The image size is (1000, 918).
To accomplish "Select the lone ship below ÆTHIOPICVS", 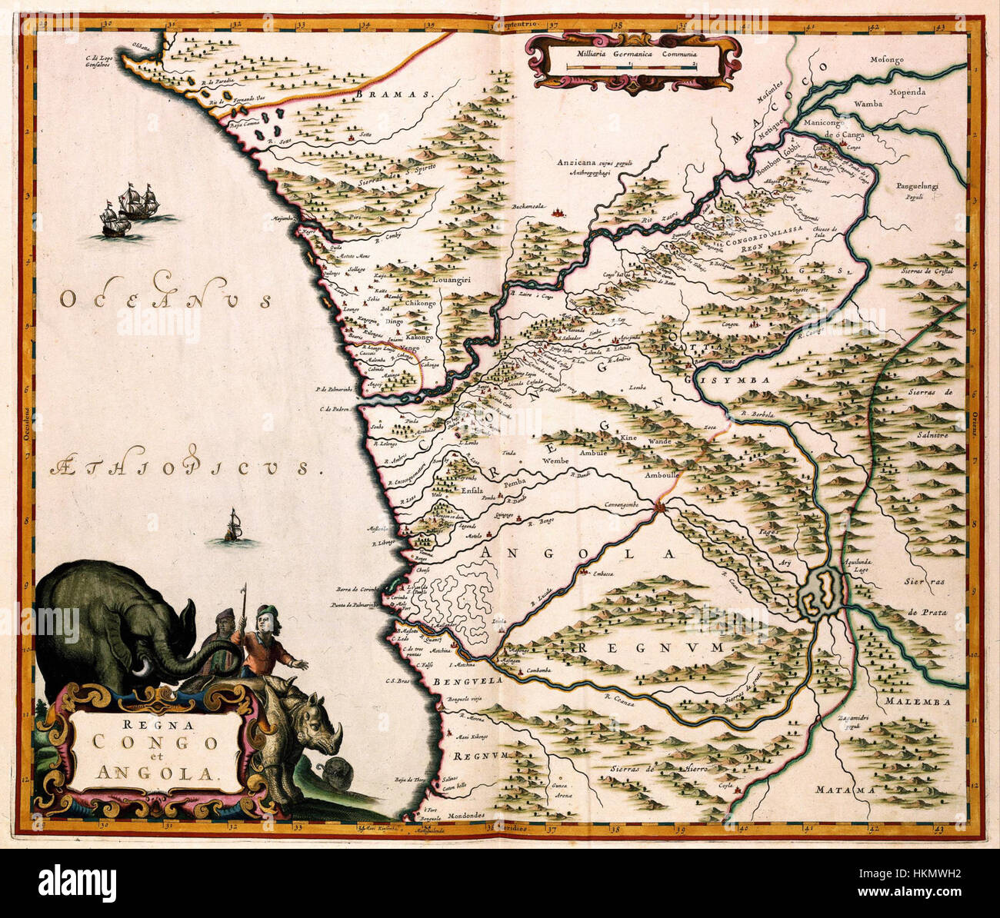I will pyautogui.click(x=233, y=527).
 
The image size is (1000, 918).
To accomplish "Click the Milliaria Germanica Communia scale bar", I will pyautogui.click(x=630, y=68).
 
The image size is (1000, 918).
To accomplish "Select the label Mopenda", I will pyautogui.click(x=931, y=91).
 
